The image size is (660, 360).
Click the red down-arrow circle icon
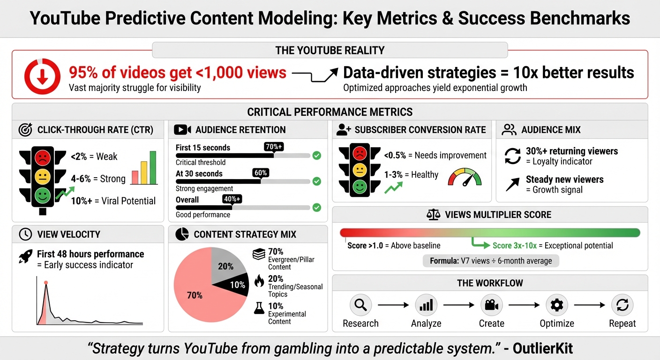point(43,76)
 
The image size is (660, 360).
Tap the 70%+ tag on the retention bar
point(274,147)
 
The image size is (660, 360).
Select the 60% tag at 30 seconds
point(261,173)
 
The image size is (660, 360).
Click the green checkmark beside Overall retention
point(317,207)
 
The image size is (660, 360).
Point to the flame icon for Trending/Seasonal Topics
point(259,281)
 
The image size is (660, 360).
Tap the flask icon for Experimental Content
point(259,307)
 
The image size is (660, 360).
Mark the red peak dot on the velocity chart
point(46,283)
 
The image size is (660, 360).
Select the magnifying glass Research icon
point(360,306)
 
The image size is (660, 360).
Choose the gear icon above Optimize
point(557,306)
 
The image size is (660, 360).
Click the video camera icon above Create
point(491,306)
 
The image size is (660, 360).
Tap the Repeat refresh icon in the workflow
point(622,306)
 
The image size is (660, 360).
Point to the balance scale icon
point(433,215)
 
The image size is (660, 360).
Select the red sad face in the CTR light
point(42,157)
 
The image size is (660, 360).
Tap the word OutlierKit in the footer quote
point(543,348)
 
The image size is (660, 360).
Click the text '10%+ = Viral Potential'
point(113,201)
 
